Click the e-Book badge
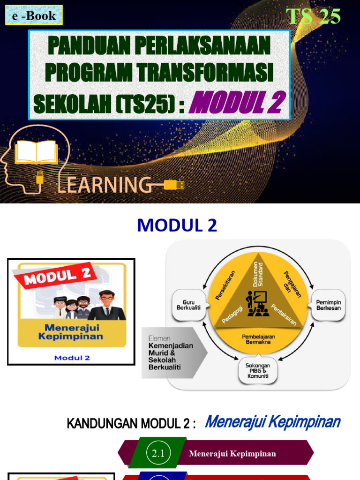[x=34, y=15]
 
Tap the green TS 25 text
[x=313, y=16]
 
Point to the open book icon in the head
[x=37, y=153]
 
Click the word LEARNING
[x=104, y=185]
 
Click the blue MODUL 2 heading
[x=177, y=226]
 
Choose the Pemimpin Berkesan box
[x=329, y=305]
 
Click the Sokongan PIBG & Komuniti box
[x=257, y=370]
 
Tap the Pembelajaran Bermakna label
[x=258, y=339]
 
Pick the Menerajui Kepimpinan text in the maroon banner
[x=232, y=453]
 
